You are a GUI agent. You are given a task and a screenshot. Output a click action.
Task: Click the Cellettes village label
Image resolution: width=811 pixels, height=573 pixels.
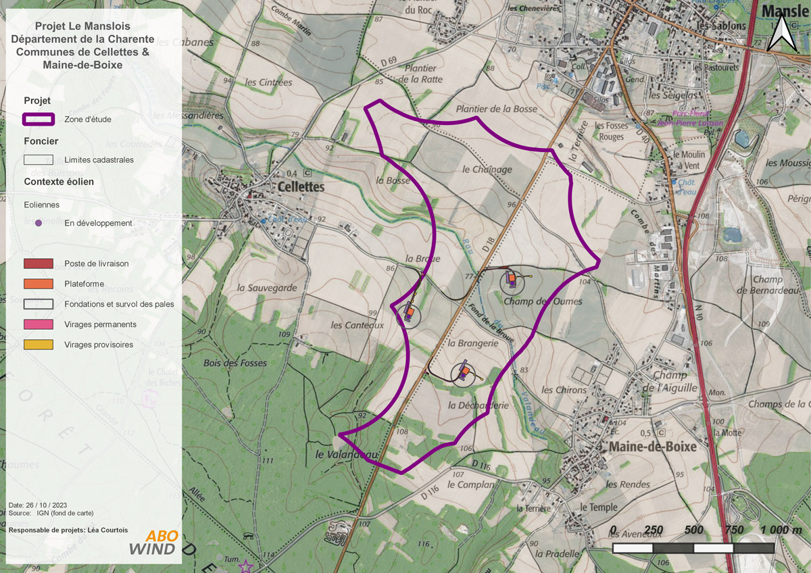300,187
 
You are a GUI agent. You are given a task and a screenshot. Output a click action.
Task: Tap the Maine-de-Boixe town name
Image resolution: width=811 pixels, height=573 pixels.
652,447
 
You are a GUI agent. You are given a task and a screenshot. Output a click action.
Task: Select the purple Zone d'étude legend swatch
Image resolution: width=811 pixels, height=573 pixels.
39,120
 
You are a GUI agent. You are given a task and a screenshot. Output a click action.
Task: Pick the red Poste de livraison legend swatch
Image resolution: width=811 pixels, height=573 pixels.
39,264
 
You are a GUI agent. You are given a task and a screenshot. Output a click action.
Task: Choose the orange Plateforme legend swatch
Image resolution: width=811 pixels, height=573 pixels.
39,284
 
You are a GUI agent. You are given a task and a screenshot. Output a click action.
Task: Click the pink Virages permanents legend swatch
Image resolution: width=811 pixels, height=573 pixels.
39,324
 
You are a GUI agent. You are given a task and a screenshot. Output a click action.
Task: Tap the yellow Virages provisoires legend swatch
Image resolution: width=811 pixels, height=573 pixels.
39,345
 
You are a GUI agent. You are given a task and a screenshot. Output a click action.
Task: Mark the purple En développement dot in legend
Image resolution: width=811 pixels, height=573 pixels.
39,223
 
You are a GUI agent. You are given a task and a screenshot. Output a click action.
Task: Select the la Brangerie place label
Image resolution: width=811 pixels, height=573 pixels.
473,343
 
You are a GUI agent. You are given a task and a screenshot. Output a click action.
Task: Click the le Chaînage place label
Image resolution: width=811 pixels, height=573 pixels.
487,170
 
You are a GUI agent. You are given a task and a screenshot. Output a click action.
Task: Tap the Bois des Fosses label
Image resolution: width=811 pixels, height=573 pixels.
235,363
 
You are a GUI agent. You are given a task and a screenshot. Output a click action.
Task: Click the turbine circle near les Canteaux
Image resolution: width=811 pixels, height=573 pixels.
408,314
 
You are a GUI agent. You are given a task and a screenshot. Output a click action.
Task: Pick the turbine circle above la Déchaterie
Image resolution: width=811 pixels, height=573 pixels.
464,372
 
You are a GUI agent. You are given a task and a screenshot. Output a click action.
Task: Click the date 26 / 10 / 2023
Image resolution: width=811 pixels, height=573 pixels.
47,505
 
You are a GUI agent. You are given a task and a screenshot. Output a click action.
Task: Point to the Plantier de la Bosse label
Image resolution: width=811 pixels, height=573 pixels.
497,109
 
